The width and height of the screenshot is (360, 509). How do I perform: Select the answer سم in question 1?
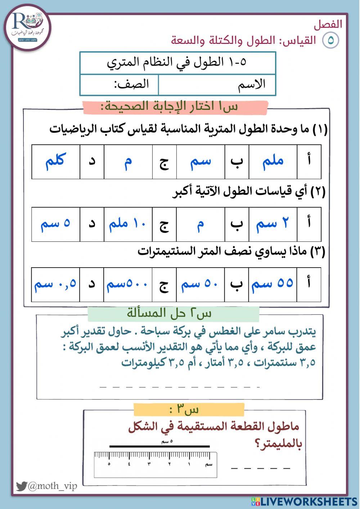pos(200,161)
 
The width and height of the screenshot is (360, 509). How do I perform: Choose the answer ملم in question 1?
pos(273,161)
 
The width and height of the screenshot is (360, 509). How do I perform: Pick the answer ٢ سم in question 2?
pos(273,224)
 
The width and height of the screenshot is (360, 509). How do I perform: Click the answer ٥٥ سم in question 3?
pos(273,284)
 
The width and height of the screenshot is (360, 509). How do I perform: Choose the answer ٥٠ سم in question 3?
pos(200,284)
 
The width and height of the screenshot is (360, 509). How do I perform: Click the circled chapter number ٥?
pos(330,40)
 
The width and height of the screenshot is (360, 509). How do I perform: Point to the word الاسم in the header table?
pos(252,85)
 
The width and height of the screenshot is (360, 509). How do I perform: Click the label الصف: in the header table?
pos(131,85)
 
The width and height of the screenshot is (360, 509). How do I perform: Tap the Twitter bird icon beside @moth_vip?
pos(21,486)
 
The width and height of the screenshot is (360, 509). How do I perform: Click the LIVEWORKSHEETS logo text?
pos(309,501)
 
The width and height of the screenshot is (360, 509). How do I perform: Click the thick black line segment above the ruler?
pos(159,447)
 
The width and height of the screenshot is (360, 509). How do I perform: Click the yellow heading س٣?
pos(189,410)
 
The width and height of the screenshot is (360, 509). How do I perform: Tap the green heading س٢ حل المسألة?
pos(173,313)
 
